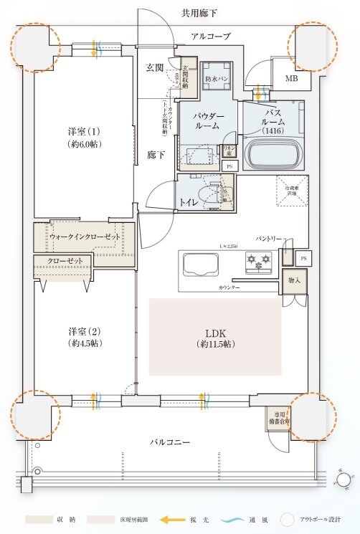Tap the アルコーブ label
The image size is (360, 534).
[x=211, y=36]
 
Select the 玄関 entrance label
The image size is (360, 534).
[x=155, y=67]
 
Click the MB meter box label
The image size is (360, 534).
[x=292, y=78]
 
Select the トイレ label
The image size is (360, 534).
[x=190, y=202]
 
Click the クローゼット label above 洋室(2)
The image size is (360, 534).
[x=65, y=260]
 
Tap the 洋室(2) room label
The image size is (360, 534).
[x=84, y=336]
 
